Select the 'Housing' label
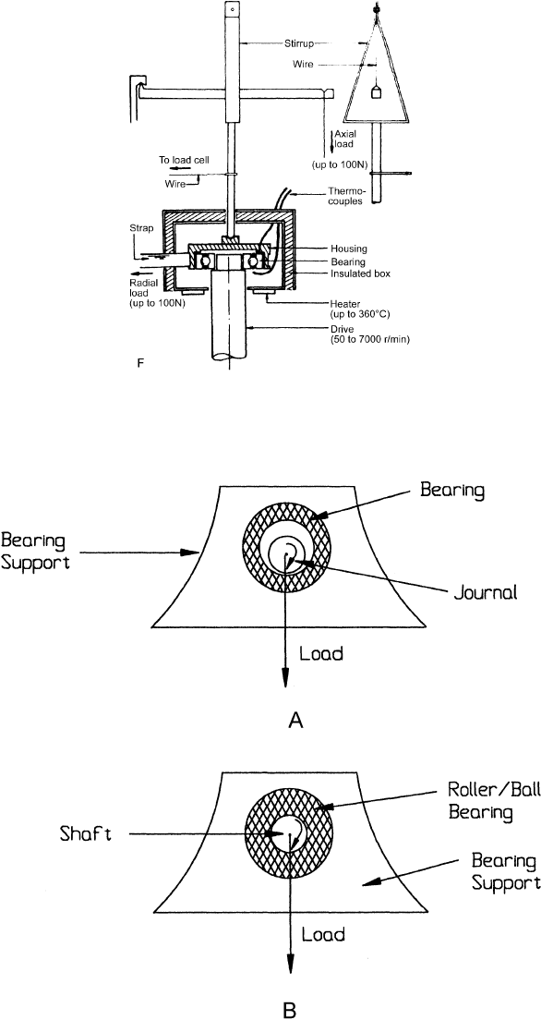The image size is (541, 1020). [x=347, y=248]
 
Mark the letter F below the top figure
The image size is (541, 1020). [x=140, y=364]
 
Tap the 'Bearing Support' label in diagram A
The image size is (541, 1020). [x=35, y=551]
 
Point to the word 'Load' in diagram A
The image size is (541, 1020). [x=320, y=653]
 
